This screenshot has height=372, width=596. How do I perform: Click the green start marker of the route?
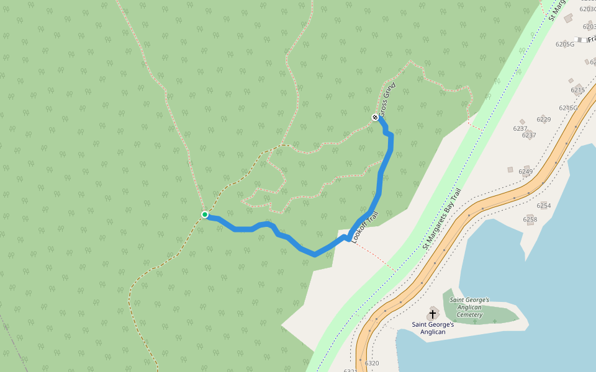pyautogui.click(x=204, y=215)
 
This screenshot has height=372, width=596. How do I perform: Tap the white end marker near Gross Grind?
pyautogui.click(x=375, y=117)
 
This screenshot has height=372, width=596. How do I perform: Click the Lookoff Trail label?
pyautogui.click(x=364, y=228)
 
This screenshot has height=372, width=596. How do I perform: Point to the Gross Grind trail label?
pyautogui.click(x=388, y=99)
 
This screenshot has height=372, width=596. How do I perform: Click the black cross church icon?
pyautogui.click(x=433, y=314)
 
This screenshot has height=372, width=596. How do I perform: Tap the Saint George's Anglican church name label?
pyautogui.click(x=433, y=328)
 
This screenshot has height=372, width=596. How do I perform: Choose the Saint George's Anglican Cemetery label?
pyautogui.click(x=469, y=308)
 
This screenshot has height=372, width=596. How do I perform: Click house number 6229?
pyautogui.click(x=544, y=120)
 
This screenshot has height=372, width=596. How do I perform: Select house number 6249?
pyautogui.click(x=526, y=172)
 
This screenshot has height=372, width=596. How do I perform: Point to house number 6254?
pyautogui.click(x=544, y=206)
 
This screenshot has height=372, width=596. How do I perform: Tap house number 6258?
pyautogui.click(x=530, y=219)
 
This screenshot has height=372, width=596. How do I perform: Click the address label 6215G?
pyautogui.click(x=568, y=108)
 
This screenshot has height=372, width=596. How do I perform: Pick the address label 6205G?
pyautogui.click(x=566, y=44)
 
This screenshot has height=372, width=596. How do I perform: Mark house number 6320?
pyautogui.click(x=372, y=363)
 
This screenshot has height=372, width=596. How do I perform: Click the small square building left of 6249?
pyautogui.click(x=510, y=169)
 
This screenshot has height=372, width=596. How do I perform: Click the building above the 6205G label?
pyautogui.click(x=568, y=19)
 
